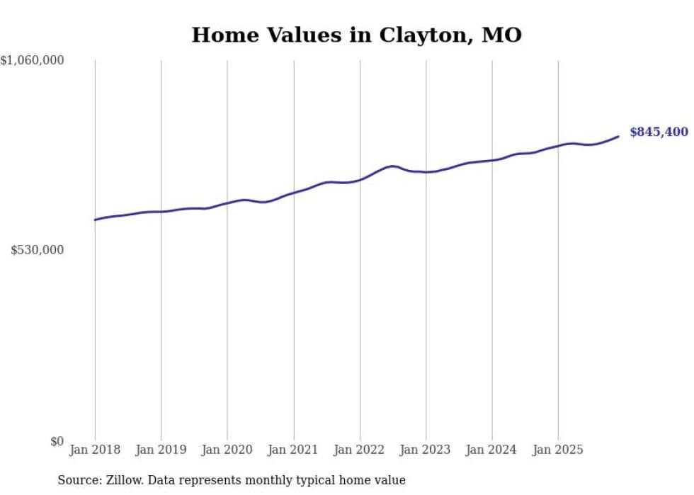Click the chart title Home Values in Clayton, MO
click(x=356, y=35)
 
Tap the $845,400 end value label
click(x=659, y=132)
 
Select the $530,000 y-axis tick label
click(x=38, y=250)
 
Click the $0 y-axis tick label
click(x=57, y=441)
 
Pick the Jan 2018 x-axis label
click(x=95, y=450)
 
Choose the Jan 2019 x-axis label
click(x=161, y=450)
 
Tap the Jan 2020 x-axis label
click(x=227, y=450)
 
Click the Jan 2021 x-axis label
click(x=293, y=450)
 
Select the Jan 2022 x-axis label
click(x=360, y=450)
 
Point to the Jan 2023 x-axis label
click(x=426, y=450)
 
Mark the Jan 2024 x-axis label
click(x=492, y=450)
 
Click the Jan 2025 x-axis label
click(x=558, y=450)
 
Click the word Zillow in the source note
click(x=127, y=481)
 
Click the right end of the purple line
click(x=618, y=136)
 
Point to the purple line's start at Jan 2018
click(x=95, y=220)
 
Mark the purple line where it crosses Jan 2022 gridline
click(x=360, y=180)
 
